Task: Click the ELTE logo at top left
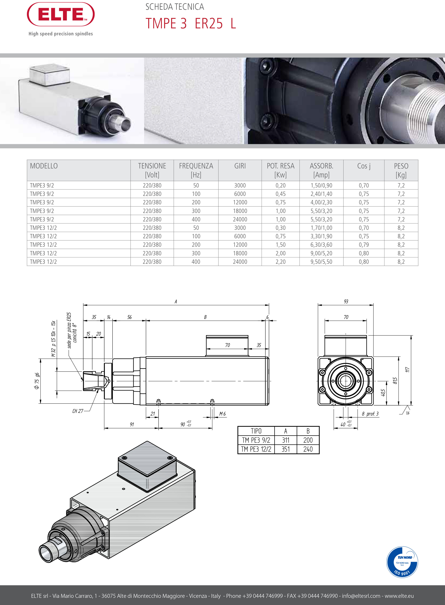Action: (x=61, y=15)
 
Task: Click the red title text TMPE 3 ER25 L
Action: (x=191, y=24)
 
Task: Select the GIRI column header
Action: (x=240, y=166)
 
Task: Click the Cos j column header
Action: (x=364, y=166)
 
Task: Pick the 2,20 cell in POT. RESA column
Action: (x=280, y=262)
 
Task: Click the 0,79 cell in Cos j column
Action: (x=364, y=245)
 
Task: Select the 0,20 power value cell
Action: (x=280, y=186)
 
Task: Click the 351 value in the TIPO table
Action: (x=285, y=449)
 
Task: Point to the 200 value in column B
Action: (x=308, y=440)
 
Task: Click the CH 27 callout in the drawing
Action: (x=78, y=411)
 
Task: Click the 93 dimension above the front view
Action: (x=346, y=301)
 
